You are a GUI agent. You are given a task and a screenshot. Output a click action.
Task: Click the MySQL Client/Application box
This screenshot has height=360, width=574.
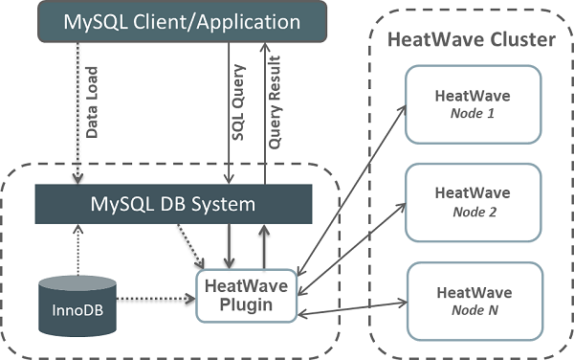pyautogui.click(x=181, y=21)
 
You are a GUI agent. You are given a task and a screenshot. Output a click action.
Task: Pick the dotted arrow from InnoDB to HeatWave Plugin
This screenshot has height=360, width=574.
pyautogui.click(x=158, y=299)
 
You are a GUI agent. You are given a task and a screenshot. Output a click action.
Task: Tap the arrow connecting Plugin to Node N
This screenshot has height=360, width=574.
pyautogui.click(x=354, y=306)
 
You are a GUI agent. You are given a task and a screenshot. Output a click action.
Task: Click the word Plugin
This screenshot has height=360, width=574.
pyautogui.click(x=247, y=304)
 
